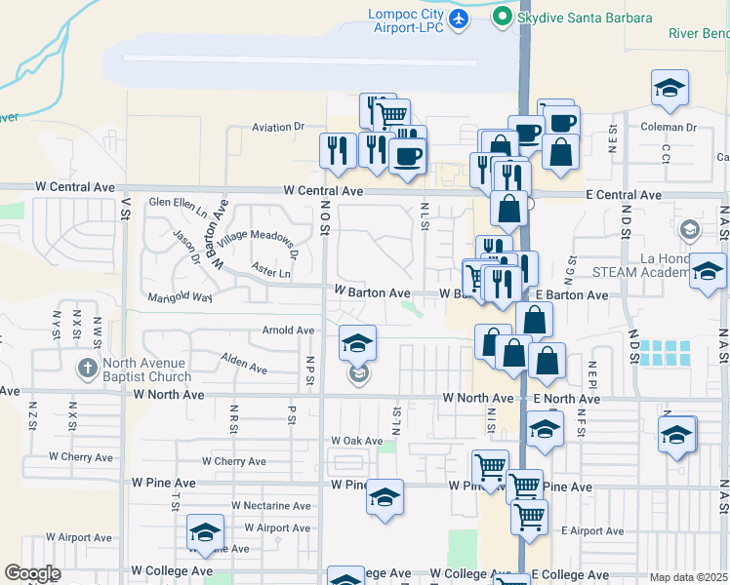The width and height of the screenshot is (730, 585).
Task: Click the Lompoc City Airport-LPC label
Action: tap(405, 20)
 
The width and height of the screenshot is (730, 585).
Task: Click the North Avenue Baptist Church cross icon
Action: tap(87, 368)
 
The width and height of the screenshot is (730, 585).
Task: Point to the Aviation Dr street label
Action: tap(278, 127)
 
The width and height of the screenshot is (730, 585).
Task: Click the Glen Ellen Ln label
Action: tap(178, 202)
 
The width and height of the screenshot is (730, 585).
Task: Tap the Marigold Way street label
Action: tap(180, 296)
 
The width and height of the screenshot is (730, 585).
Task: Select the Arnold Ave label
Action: tap(288, 331)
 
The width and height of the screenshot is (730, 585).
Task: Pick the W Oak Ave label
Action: tap(356, 441)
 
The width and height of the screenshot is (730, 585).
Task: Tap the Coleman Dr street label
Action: tap(669, 127)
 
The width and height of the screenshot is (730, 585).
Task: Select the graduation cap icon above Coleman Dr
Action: tap(669, 87)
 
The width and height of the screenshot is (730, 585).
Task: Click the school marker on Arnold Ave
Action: tap(358, 342)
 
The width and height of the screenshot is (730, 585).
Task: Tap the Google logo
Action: tap(32, 573)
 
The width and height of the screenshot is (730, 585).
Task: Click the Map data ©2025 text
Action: tap(688, 577)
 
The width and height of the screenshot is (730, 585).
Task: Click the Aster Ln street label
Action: tap(271, 274)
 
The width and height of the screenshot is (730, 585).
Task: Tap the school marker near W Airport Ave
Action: tap(205, 532)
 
